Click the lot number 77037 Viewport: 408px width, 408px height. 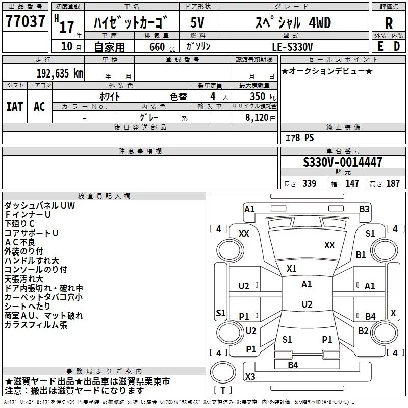25,22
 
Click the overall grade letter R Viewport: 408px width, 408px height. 389,23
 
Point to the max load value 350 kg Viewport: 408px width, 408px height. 260,97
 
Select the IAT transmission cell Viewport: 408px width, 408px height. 15,106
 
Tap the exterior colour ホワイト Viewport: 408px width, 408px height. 110,96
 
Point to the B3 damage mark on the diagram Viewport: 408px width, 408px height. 364,209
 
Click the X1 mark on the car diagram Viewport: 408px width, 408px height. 292,268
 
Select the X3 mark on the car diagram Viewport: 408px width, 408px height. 250,377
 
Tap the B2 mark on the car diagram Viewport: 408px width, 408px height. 363,331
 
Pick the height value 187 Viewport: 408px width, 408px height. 393,184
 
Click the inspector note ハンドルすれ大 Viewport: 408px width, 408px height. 32,260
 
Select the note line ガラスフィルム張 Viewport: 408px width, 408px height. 36,325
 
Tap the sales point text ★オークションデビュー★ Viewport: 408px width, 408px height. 327,71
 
